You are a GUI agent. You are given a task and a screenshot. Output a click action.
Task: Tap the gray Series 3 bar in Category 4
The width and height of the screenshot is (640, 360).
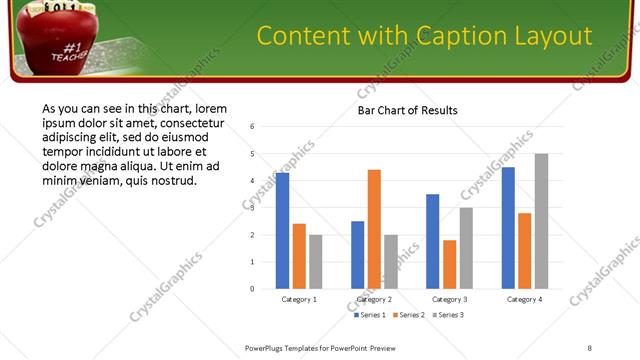[x=541, y=221]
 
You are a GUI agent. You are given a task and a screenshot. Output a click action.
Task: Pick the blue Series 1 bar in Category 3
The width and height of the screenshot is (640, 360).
[x=432, y=241]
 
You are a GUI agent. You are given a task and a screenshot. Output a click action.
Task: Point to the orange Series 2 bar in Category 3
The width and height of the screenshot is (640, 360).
[x=449, y=264]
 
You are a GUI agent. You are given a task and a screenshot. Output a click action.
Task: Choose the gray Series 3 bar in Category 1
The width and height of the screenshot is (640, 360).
[x=316, y=262]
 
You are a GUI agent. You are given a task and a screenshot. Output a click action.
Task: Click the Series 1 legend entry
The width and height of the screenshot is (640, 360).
[x=371, y=315]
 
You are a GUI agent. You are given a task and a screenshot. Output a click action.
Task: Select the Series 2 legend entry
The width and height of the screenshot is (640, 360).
[x=410, y=315]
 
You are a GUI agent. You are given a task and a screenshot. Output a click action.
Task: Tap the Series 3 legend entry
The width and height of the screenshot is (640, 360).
[x=449, y=315]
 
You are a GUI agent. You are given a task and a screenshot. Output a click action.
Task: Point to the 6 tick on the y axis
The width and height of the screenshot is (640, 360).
[x=253, y=127]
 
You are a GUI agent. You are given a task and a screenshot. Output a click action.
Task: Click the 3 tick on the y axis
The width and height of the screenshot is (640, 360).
[x=253, y=208]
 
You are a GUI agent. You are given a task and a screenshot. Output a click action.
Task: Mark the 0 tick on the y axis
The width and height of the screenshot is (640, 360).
[x=253, y=289]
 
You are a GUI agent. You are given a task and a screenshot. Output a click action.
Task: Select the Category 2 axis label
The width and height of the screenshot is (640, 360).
[x=374, y=299]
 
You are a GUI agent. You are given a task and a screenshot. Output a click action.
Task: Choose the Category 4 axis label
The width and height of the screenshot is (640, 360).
[x=524, y=299]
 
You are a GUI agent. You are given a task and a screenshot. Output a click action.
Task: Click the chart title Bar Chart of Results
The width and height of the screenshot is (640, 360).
[x=407, y=110]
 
